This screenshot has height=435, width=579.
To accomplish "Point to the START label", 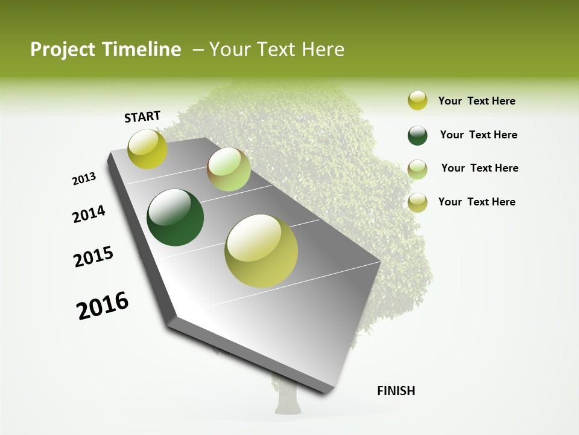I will point(142,117).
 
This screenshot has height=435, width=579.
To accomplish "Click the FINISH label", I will point(396,391).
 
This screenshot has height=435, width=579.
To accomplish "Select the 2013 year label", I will point(84,179).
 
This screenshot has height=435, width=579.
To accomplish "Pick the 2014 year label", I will point(89,214).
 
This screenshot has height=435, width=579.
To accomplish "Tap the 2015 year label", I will point(93,257).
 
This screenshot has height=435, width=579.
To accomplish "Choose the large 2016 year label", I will point(103,305).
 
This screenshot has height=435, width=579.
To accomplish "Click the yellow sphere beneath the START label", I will point(147,149).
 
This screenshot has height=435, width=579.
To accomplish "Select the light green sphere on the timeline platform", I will point(229,169).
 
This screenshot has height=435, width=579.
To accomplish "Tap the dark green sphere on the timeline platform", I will point(176,217).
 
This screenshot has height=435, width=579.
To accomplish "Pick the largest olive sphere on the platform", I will point(261,251).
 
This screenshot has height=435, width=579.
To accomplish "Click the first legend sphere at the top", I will point(417,101).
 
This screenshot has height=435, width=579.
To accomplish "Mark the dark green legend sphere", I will point(417,135).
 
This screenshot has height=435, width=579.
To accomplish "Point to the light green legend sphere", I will point(417,169).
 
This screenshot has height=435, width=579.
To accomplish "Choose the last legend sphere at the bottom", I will point(417,202).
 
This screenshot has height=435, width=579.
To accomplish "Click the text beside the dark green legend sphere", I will point(478,135).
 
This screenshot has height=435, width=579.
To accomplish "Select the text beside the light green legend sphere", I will point(479,168).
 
